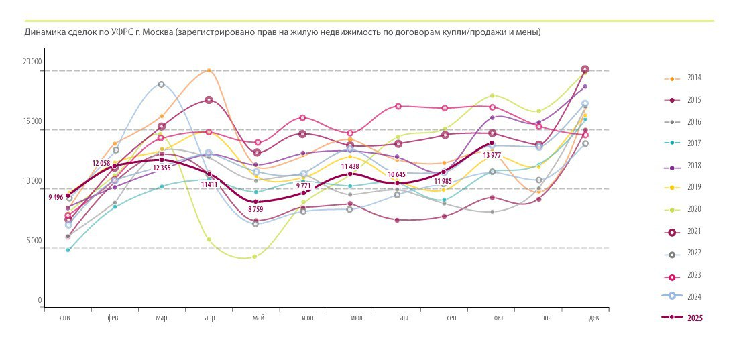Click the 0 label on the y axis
[40, 300]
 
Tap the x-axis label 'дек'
[594, 318]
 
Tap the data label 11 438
[353, 166]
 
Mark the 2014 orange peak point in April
[209, 70]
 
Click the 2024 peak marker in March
[161, 84]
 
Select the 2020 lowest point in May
[254, 257]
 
